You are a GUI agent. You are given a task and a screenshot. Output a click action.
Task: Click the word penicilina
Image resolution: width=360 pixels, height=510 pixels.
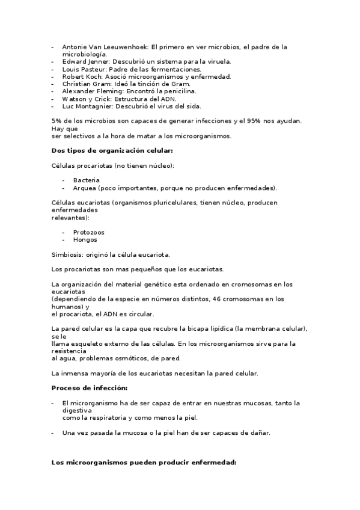click(178, 91)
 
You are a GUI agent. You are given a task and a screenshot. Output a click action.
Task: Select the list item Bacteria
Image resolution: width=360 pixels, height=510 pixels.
click(87, 180)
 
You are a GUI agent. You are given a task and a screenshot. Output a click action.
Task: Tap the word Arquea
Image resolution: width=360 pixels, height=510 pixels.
click(85, 188)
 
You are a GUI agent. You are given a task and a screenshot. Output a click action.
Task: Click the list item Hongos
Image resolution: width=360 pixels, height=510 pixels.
click(85, 239)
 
